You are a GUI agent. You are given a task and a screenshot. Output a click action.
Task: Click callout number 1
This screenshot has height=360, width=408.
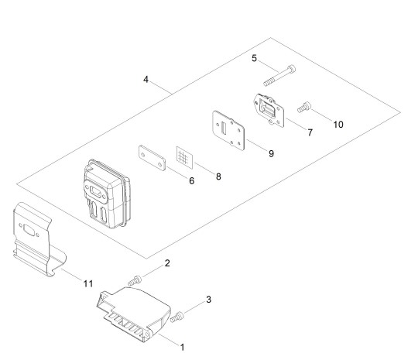pos(183,348)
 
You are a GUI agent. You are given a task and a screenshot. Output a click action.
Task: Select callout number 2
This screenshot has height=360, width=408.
pos(167,263)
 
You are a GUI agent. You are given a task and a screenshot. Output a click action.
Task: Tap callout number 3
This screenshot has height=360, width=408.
pos(208,300)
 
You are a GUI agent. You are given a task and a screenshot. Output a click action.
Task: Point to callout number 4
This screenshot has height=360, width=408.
pos(146,80)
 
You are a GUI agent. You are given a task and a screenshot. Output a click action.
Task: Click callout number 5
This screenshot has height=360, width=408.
pos(254,58)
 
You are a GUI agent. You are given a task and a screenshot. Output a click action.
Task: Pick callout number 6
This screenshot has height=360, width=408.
pos(192,181)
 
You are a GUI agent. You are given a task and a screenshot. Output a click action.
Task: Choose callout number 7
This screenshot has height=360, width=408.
pos(310,132)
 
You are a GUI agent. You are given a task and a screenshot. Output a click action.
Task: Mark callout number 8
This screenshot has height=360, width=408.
pos(218,177)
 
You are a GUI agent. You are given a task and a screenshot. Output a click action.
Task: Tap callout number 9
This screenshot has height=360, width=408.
pos(271,154)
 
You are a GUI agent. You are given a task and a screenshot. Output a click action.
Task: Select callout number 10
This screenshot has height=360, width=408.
pos(338,125)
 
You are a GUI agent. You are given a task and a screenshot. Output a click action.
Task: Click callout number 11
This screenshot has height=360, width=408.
pos(88,284)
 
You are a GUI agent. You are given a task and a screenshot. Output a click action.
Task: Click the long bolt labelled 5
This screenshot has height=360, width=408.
pos(279,76)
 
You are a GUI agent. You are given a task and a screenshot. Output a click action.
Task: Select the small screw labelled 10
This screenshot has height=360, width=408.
pos(304,108)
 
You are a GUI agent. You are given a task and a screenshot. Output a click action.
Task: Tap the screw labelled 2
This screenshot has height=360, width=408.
pos(135,281)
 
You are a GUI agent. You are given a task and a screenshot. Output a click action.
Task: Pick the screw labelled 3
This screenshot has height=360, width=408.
pos(177,317)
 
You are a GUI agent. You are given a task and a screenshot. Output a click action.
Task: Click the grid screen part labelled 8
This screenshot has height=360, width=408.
pos(185,158)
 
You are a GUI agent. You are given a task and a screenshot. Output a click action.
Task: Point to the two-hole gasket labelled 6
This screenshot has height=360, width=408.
pos(152,158)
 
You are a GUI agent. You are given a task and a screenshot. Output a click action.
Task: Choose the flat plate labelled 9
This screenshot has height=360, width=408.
pos(228,131)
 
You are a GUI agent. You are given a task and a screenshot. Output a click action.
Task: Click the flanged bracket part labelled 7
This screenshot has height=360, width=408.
pos(269,111)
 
